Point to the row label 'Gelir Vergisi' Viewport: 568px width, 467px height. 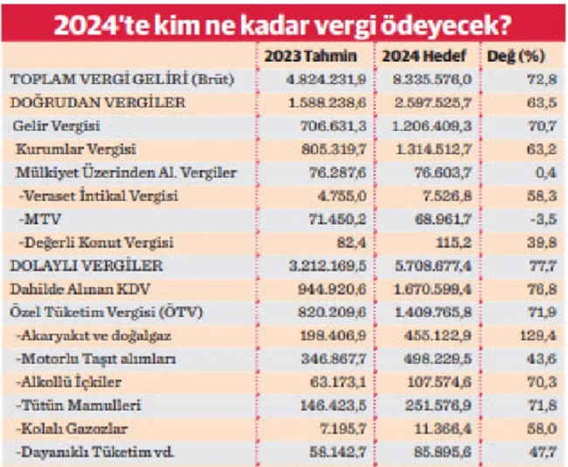point(57,127)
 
